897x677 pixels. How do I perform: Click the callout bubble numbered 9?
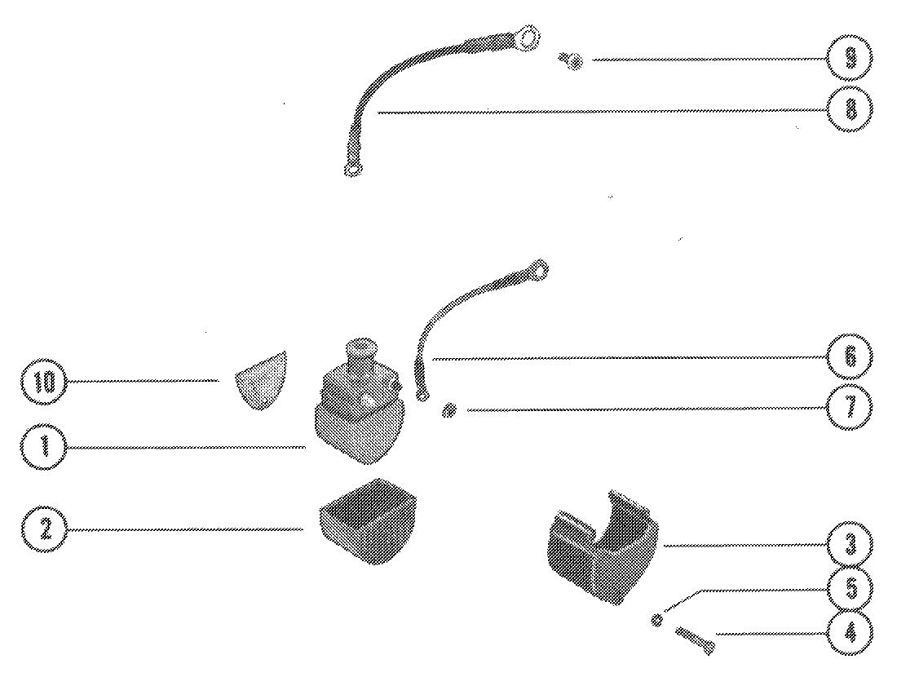point(850,59)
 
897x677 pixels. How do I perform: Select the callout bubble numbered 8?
point(850,108)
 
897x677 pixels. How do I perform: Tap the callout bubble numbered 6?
point(850,357)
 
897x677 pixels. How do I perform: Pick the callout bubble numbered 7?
point(850,406)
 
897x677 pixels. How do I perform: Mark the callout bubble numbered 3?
point(850,545)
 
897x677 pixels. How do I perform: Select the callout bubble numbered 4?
point(850,633)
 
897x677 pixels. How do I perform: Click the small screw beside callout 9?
point(572,59)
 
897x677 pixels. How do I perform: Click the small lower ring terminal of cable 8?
point(351,170)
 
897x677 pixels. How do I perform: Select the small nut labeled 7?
point(448,409)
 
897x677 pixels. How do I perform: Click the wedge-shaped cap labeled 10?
point(261,379)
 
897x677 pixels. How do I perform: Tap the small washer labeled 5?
point(657,620)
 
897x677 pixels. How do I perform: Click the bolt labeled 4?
point(696,639)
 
